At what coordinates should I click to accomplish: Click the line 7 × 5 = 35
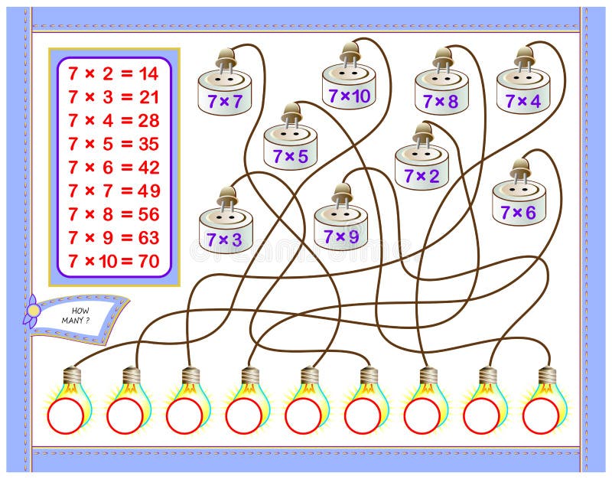(x=113, y=143)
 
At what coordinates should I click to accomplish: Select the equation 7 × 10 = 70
(x=113, y=261)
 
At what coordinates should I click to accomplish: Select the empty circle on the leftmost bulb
(x=65, y=415)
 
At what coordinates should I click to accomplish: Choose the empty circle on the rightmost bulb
(x=541, y=415)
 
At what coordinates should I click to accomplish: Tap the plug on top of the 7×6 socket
(x=520, y=169)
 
